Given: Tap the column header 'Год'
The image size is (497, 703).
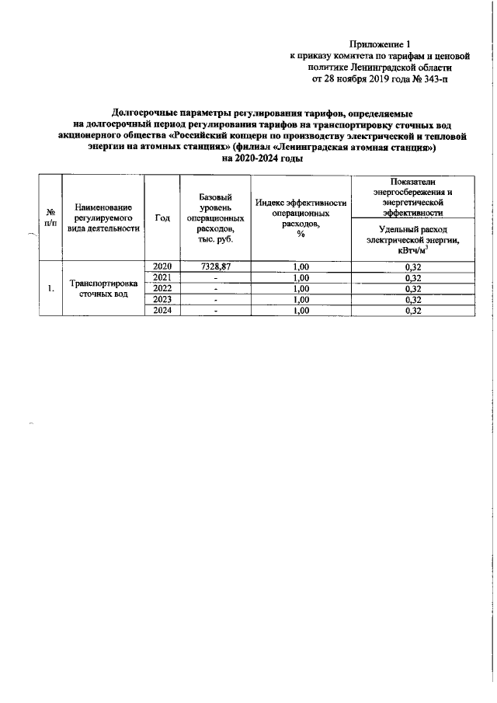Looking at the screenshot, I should coord(162,218).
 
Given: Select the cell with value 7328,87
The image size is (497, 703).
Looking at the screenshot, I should coord(216,266).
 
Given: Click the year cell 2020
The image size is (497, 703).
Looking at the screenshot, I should coord(162,266).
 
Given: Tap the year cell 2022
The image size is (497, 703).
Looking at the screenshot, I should coord(162,289).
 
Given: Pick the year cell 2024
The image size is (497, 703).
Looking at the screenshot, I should coord(162,311).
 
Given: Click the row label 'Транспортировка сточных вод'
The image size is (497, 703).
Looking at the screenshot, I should coord(104,289).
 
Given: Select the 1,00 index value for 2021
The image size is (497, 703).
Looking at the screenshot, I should coord(300,278).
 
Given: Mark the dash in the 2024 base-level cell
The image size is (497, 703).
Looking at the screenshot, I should coord(216,311).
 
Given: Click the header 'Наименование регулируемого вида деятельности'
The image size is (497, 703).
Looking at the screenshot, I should coord(104,218).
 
